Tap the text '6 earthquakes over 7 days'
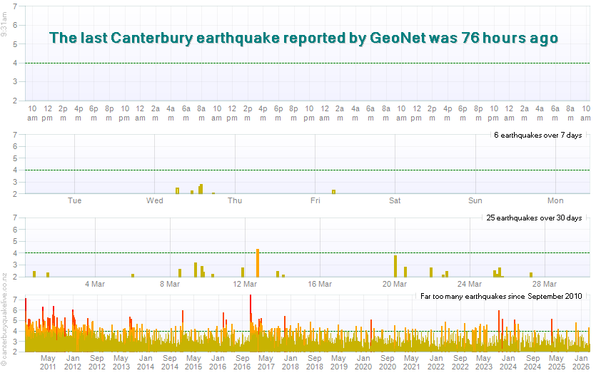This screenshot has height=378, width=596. (537, 135)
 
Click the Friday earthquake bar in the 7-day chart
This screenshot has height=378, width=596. (333, 191)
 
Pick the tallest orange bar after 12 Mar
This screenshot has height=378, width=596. (258, 262)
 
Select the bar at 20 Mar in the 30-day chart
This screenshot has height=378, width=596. (395, 266)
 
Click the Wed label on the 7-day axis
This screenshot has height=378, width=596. (155, 200)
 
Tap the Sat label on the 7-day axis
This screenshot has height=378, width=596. (395, 200)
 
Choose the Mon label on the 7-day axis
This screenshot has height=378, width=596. (555, 200)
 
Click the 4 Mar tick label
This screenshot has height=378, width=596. (96, 284)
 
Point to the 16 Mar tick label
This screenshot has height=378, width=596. (320, 284)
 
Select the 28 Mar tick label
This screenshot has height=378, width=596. (545, 284)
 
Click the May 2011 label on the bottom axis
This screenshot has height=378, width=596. (48, 362)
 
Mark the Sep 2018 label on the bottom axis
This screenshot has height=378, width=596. (315, 362)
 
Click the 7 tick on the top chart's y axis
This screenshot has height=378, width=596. (16, 8)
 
